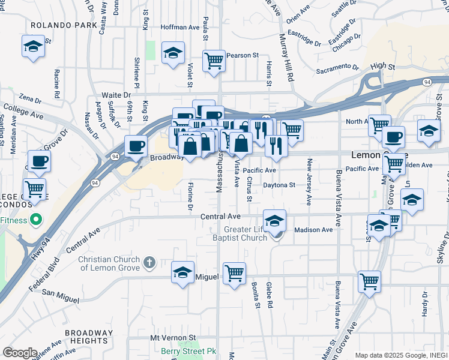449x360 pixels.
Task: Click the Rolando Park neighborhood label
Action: click(x=64, y=25)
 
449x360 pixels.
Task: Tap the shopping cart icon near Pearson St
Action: click(x=214, y=61)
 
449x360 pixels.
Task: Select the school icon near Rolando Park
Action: click(x=33, y=46)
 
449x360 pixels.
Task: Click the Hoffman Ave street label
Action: click(x=180, y=28)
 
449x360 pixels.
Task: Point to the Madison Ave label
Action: click(x=313, y=230)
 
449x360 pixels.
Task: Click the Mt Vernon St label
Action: click(x=173, y=338)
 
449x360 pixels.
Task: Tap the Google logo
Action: click(x=20, y=353)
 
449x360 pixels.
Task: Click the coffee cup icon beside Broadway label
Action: click(x=136, y=146)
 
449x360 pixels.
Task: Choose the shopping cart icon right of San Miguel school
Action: click(x=234, y=273)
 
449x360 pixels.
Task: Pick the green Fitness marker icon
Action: click(x=35, y=220)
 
